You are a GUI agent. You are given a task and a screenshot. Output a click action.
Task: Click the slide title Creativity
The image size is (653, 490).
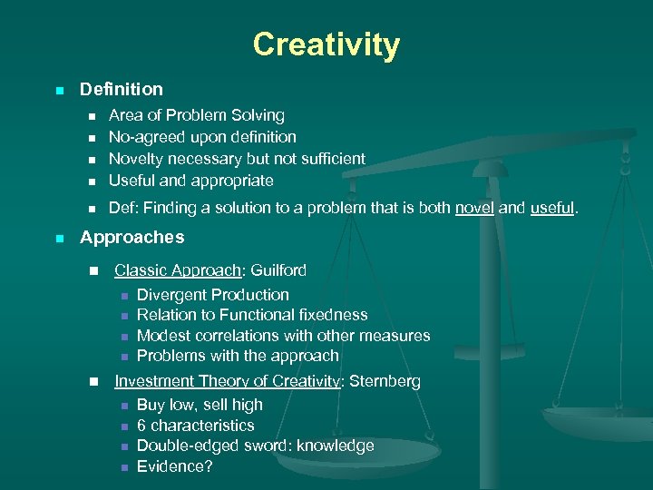(326, 44)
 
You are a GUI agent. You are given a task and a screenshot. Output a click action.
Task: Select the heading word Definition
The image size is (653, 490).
(122, 89)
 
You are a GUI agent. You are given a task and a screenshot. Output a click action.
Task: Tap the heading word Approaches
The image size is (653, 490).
(132, 238)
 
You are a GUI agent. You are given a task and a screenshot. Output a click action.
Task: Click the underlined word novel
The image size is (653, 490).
(474, 208)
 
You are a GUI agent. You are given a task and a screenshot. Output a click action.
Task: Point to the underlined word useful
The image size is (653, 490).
(551, 208)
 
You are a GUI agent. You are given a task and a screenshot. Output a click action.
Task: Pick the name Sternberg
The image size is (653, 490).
(382, 382)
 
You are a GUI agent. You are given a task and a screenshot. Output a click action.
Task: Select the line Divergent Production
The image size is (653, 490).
(212, 295)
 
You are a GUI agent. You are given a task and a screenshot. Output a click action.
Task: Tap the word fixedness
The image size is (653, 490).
(331, 315)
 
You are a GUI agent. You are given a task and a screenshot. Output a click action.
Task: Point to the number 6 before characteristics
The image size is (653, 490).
(141, 426)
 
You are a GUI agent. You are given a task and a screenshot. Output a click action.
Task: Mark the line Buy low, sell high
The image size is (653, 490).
(200, 405)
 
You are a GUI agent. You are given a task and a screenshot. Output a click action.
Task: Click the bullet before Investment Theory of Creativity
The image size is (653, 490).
(92, 382)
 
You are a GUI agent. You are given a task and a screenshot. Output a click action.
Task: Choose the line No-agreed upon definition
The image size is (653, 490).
(202, 137)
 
